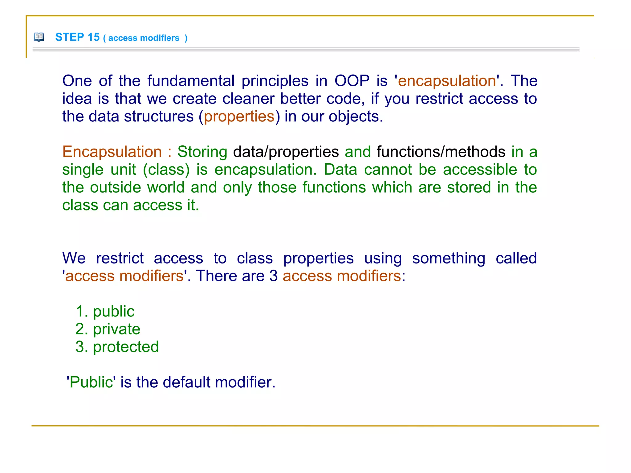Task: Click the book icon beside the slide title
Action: click(39, 37)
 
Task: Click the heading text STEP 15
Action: click(77, 37)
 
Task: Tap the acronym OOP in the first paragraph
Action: click(352, 81)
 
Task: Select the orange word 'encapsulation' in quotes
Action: click(447, 81)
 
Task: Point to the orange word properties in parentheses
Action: click(239, 117)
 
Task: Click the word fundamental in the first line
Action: click(191, 81)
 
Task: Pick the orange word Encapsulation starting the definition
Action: click(112, 152)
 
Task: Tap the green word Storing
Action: click(202, 152)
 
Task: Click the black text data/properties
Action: click(286, 152)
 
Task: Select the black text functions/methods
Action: click(441, 152)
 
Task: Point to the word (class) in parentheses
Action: click(166, 170)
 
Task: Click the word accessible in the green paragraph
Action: click(480, 170)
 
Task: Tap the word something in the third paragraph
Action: click(449, 258)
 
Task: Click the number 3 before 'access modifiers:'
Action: click(274, 276)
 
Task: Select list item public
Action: click(114, 312)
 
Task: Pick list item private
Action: click(116, 329)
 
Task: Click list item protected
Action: click(126, 347)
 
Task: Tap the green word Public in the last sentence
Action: click(91, 382)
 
